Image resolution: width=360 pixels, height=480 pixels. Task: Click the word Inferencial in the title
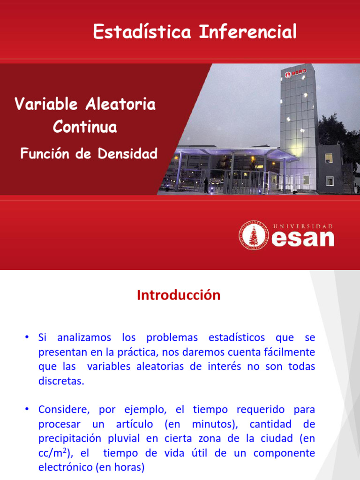[x=248, y=32]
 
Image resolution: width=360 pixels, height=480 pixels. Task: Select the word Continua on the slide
[x=85, y=127]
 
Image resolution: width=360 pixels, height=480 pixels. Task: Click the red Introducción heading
[x=178, y=295]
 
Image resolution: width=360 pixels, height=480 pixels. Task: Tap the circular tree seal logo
[x=254, y=235]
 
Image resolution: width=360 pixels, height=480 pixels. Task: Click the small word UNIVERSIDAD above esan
[x=303, y=226]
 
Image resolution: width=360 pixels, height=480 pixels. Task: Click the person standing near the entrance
[x=206, y=186]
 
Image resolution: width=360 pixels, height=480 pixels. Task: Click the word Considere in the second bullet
[x=61, y=410]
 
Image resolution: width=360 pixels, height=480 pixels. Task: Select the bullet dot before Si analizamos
[x=28, y=337]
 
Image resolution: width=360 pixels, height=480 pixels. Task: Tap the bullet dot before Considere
[x=28, y=410]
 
